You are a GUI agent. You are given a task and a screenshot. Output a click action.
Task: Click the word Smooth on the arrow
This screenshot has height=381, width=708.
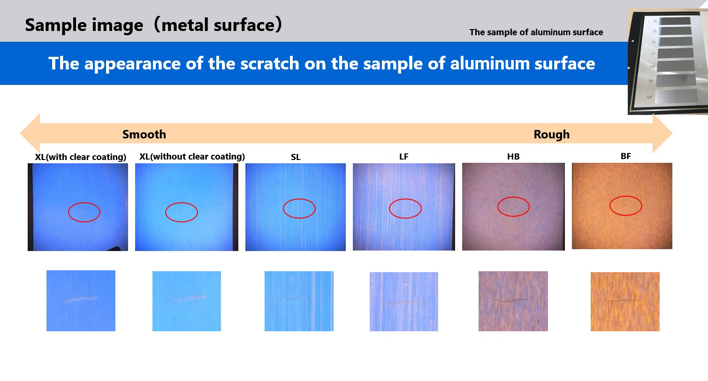click(144, 134)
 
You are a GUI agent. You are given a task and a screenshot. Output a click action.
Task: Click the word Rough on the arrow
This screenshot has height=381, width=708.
click(552, 134)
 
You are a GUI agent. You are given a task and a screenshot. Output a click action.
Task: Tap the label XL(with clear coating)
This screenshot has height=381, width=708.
click(81, 157)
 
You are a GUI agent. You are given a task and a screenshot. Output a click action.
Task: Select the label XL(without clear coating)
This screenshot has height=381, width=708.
click(192, 157)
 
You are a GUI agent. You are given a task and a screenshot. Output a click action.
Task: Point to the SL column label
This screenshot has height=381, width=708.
click(296, 157)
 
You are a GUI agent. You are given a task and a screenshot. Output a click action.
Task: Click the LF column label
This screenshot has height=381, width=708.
click(403, 157)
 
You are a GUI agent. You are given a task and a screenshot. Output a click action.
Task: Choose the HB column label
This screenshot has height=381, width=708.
click(513, 157)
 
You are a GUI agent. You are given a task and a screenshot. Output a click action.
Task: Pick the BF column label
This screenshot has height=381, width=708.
click(625, 156)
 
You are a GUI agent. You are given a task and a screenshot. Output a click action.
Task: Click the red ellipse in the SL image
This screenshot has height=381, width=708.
click(299, 199)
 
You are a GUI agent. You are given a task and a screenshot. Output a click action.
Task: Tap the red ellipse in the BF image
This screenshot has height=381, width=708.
click(625, 197)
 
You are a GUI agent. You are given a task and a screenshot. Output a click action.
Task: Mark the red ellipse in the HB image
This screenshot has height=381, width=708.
click(513, 197)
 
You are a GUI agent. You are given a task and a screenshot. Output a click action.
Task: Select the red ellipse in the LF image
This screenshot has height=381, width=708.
click(405, 199)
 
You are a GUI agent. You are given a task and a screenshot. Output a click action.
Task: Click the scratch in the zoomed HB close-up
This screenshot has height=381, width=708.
click(510, 300)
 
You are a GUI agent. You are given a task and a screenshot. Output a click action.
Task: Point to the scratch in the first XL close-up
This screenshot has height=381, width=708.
click(81, 299)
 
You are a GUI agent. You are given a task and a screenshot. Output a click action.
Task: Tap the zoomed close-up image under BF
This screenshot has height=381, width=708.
click(625, 302)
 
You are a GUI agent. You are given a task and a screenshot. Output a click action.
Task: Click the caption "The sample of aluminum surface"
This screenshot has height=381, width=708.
click(536, 32)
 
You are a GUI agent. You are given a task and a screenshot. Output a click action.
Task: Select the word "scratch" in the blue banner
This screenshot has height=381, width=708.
click(270, 63)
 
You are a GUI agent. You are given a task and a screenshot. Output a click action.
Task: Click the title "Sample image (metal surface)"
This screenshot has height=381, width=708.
click(153, 25)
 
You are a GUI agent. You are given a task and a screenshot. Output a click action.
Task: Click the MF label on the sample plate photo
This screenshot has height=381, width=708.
click(650, 97)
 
